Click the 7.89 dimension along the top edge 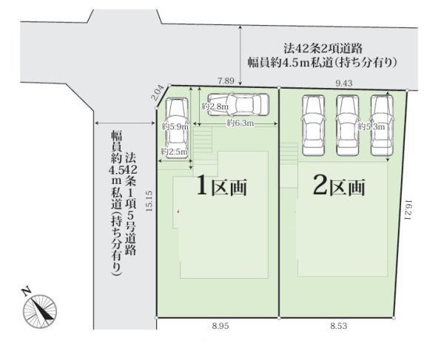[x=226, y=81]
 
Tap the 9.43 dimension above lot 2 [x=344, y=83]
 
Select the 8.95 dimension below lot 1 [x=221, y=326]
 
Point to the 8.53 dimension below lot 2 [x=338, y=326]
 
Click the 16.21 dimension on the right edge [x=408, y=210]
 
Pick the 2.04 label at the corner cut [x=158, y=92]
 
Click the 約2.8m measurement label [x=215, y=106]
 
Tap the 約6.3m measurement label [x=240, y=123]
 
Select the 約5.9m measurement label [x=175, y=126]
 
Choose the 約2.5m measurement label [x=174, y=152]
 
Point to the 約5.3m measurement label [x=371, y=126]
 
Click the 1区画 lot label [x=222, y=186]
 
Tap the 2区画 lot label [x=339, y=186]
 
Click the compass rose [x=40, y=311]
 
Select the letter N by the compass [x=27, y=291]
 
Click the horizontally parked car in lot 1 [x=238, y=105]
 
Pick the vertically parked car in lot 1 [x=177, y=128]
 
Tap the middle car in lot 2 [x=348, y=125]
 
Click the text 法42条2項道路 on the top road [x=323, y=48]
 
